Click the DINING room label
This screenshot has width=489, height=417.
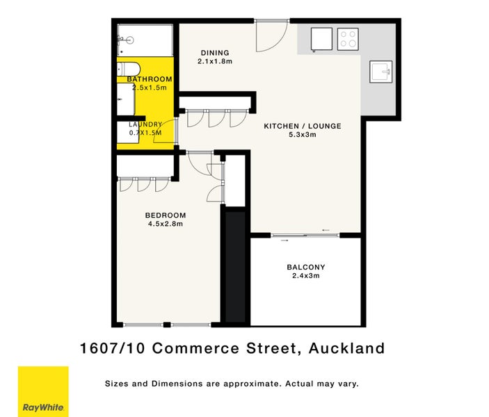pyautogui.click(x=215, y=53)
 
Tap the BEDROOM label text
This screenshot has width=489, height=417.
pyautogui.click(x=166, y=215)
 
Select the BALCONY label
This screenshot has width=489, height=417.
pyautogui.click(x=306, y=267)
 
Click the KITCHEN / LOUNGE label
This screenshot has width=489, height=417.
pyautogui.click(x=303, y=126)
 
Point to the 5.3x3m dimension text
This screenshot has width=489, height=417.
pyautogui.click(x=303, y=135)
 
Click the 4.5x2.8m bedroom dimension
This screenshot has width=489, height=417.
pyautogui.click(x=166, y=224)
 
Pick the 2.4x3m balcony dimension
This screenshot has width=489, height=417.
pyautogui.click(x=306, y=275)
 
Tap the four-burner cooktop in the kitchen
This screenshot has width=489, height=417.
pyautogui.click(x=348, y=39)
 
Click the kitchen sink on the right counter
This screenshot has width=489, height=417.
pyautogui.click(x=380, y=72)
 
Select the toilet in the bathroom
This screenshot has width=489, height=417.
pyautogui.click(x=129, y=69)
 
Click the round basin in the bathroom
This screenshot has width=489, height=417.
pyautogui.click(x=130, y=40)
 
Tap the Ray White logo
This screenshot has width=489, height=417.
pyautogui.click(x=43, y=391)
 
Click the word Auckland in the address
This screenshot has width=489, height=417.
pyautogui.click(x=347, y=348)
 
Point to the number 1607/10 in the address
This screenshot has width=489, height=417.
pyautogui.click(x=113, y=348)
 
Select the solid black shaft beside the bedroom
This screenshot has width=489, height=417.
pyautogui.click(x=235, y=267)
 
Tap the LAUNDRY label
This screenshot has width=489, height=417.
pyautogui.click(x=145, y=124)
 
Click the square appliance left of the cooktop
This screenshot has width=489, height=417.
pyautogui.click(x=321, y=39)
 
